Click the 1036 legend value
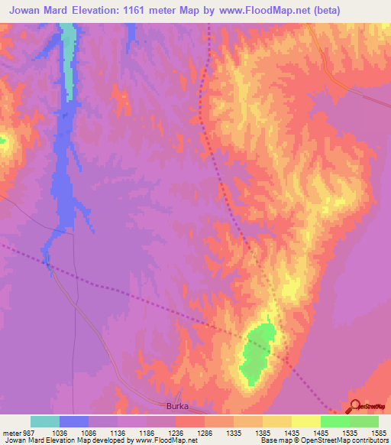coord(60,432)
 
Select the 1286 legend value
coord(204,432)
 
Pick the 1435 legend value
coord(291,432)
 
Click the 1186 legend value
coord(146,432)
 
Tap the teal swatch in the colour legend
coord(45,421)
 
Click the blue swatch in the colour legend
coord(74,421)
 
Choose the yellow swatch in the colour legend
coord(306,421)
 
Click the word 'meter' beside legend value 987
coord(12,432)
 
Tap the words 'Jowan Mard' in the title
coord(40,10)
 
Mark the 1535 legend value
coord(349,432)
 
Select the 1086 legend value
coord(89,432)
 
